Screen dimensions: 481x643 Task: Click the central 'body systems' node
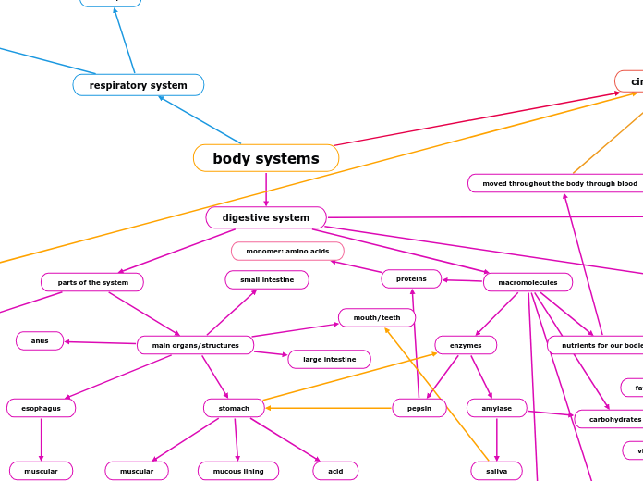[266, 158]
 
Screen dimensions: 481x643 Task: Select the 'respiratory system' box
[139, 85]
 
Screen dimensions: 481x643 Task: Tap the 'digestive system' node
[266, 217]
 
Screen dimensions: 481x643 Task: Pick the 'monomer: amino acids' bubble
[287, 252]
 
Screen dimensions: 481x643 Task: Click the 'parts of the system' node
[92, 282]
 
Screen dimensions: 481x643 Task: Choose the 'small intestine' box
[267, 279]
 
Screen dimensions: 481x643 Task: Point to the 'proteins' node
[411, 278]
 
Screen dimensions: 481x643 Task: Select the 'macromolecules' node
[528, 282]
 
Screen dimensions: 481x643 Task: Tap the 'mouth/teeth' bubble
[377, 317]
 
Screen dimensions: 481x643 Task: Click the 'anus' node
[40, 340]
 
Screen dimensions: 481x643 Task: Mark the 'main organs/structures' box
[195, 345]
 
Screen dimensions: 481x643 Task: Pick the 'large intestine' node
[329, 359]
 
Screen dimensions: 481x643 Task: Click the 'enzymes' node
[466, 345]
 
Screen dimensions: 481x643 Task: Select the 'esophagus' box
[41, 408]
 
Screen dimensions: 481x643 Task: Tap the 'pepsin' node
[419, 408]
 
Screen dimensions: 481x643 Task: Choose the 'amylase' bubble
[496, 408]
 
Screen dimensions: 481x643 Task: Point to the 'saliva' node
[496, 471]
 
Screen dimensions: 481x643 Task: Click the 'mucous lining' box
[238, 471]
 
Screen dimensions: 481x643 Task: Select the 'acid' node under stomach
[335, 471]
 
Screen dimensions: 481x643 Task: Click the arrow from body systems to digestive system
[266, 190]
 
